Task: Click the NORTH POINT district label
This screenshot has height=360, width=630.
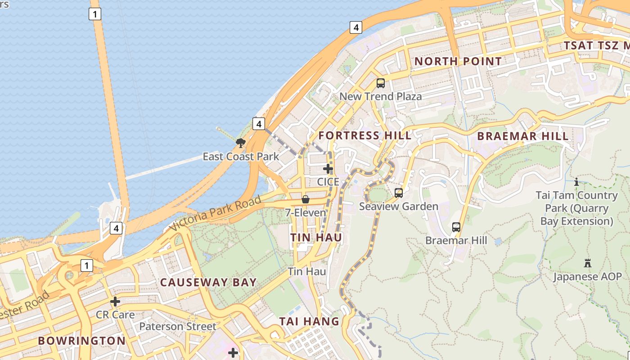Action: click(x=458, y=61)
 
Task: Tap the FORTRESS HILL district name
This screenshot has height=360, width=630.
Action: click(x=364, y=135)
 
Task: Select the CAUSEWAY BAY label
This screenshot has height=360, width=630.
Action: click(x=208, y=283)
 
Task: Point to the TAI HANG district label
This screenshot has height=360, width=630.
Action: click(x=309, y=321)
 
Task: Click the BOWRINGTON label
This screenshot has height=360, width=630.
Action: click(x=82, y=341)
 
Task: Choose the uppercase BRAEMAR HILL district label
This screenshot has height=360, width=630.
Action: click(x=522, y=136)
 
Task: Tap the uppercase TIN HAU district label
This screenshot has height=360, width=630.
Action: click(x=316, y=238)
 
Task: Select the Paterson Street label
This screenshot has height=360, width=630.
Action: click(x=178, y=326)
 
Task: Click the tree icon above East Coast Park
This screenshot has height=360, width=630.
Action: click(x=241, y=143)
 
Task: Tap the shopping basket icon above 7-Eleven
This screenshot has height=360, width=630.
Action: click(x=306, y=199)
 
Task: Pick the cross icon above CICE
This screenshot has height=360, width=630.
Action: click(x=328, y=169)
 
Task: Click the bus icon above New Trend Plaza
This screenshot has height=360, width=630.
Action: click(x=381, y=83)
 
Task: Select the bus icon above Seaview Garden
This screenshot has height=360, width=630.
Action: click(x=399, y=193)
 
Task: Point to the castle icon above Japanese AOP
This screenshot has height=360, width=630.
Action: click(x=587, y=263)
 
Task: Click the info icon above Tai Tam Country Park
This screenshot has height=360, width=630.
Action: click(x=576, y=182)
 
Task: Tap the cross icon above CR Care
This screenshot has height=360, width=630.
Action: click(x=115, y=301)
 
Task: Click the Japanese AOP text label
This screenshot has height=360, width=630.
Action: click(x=587, y=277)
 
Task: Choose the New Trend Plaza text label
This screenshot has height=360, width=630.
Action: click(x=381, y=96)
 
